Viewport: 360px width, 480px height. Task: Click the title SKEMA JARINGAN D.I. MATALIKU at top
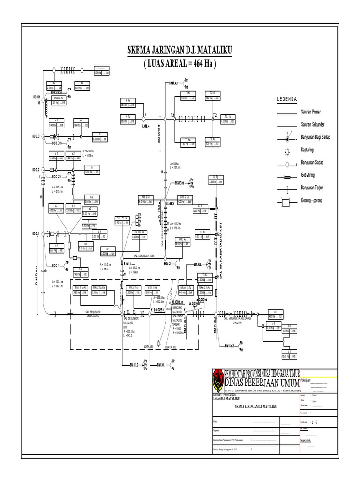tap(180, 51)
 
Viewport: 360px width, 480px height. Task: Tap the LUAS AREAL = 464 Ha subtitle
tap(180, 63)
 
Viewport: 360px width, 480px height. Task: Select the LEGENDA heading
tap(287, 99)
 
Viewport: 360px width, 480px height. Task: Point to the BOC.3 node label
tap(36, 136)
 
